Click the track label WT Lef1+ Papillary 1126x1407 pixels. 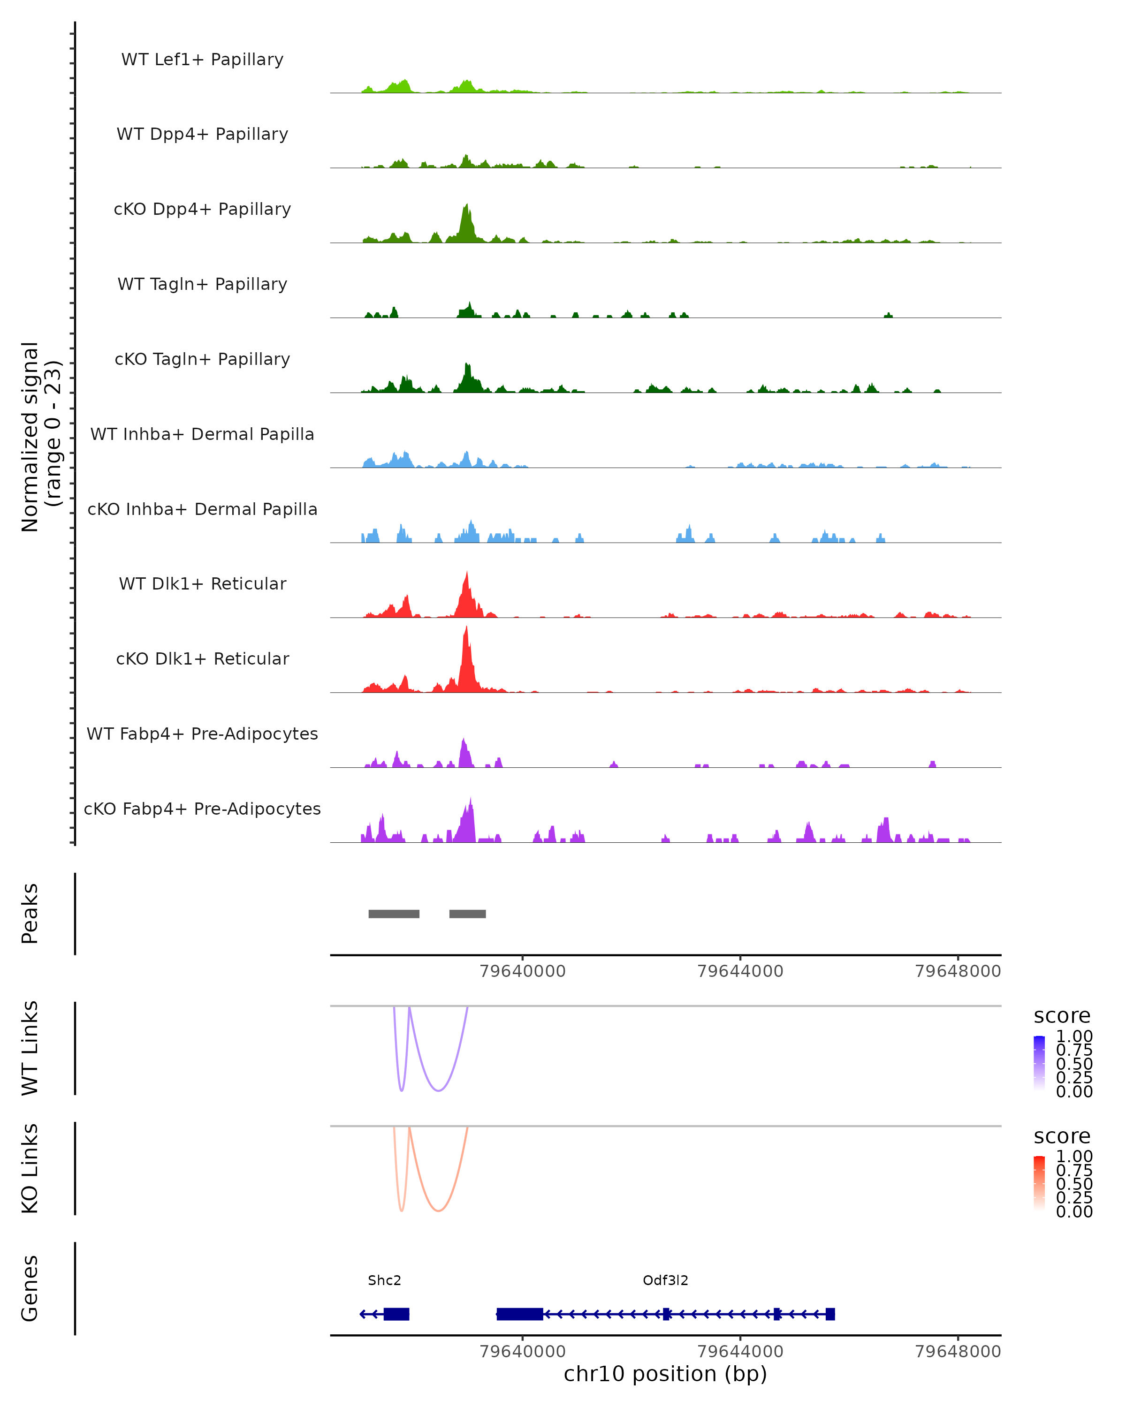[x=202, y=60]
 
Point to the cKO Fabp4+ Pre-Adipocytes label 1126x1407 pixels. [x=202, y=809]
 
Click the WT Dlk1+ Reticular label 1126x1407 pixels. [x=202, y=583]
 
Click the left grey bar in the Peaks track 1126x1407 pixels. [x=394, y=914]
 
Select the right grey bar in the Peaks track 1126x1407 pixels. [x=467, y=914]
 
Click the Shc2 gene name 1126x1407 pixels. [x=384, y=1280]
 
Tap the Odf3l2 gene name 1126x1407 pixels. [x=665, y=1280]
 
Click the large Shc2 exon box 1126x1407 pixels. [x=396, y=1314]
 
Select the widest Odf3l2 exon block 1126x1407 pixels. [x=519, y=1314]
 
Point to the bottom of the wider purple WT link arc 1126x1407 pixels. [x=439, y=1090]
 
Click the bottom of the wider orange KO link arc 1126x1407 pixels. [x=439, y=1210]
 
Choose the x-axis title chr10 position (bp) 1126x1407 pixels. [x=665, y=1374]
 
